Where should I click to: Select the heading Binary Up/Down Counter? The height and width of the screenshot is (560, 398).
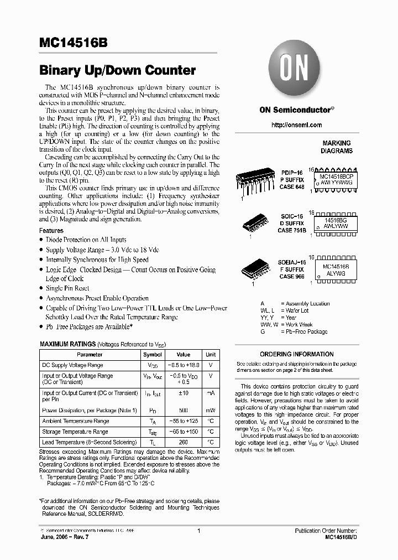pyautogui.click(x=117, y=70)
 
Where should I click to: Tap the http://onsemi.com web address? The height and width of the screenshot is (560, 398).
pyautogui.click(x=296, y=125)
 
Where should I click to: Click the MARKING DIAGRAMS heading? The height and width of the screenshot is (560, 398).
pyautogui.click(x=337, y=147)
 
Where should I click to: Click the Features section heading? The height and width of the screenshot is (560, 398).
pyautogui.click(x=51, y=230)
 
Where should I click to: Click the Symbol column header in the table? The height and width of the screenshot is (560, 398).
pyautogui.click(x=153, y=355)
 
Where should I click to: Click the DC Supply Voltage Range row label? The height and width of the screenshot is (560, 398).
pyautogui.click(x=72, y=365)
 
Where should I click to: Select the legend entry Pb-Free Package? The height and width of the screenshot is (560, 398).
pyautogui.click(x=303, y=332)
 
